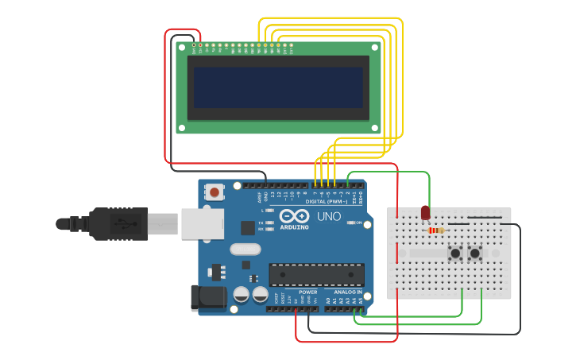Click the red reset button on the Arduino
[215, 192]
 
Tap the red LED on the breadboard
[425, 213]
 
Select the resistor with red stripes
[437, 230]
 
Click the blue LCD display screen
[278, 87]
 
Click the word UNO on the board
[329, 216]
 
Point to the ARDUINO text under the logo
[292, 227]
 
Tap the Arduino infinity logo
[293, 216]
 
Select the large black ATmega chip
[316, 275]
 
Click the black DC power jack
[205, 298]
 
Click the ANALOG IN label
[348, 292]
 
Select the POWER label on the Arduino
[307, 292]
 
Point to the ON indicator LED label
[358, 223]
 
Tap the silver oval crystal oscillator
[245, 249]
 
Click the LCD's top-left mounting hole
[182, 48]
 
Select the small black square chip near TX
[248, 227]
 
